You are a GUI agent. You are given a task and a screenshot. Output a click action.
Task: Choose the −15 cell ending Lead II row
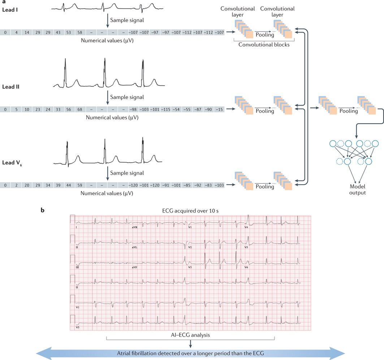click(219, 109)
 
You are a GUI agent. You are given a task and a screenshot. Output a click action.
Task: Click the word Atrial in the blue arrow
click(130, 353)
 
